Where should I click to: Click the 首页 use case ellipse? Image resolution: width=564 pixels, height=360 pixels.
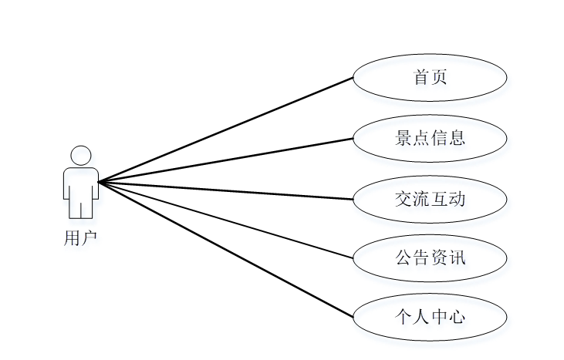(430, 77)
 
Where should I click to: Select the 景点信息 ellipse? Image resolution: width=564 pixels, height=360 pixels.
(430, 139)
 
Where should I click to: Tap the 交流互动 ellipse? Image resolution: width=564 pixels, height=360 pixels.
(430, 199)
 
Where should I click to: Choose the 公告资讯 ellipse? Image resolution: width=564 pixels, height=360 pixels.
(430, 257)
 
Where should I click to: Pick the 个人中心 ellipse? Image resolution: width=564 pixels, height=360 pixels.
(430, 316)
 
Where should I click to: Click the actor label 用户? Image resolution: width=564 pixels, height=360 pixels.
(80, 238)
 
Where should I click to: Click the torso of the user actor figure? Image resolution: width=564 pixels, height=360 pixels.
(80, 181)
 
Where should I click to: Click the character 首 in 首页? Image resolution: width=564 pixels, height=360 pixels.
(420, 77)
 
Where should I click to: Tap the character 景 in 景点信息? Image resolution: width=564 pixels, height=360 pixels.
(403, 139)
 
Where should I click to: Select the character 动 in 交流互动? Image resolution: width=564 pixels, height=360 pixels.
(458, 199)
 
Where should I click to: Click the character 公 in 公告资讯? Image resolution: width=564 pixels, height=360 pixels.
(403, 257)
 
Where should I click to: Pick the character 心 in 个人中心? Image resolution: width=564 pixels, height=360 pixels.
(458, 316)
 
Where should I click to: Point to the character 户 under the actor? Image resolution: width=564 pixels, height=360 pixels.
(89, 238)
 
